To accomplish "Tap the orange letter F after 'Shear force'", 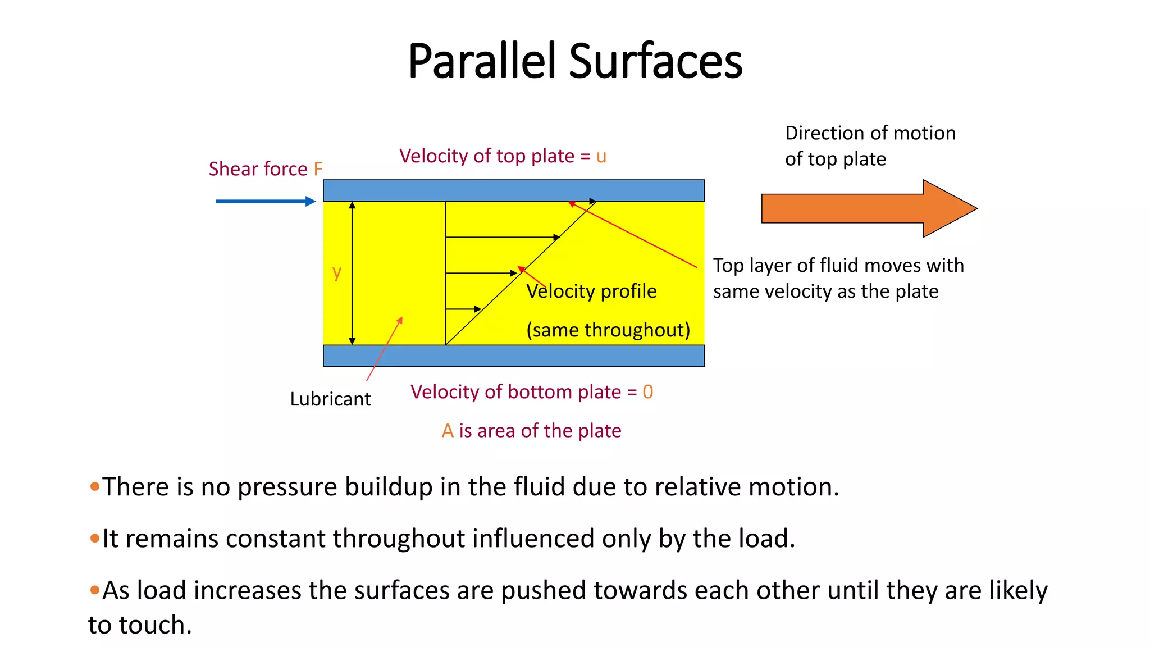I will pos(318,169).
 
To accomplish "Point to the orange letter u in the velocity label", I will pos(601,156).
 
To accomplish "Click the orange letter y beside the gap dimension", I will pos(337,272).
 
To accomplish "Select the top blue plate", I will pos(513,190).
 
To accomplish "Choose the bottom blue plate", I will pos(513,356).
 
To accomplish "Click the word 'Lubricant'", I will pos(330,399).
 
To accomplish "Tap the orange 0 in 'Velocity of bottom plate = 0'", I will pos(647,392).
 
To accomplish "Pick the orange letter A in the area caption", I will pos(448,431).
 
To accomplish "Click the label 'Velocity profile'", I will pos(591,291).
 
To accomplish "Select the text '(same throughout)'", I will pos(608,330).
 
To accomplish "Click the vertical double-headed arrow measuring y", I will pos(352,273).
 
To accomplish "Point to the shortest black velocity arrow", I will pos(463,309).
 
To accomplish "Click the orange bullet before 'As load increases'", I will pos(94,590).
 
